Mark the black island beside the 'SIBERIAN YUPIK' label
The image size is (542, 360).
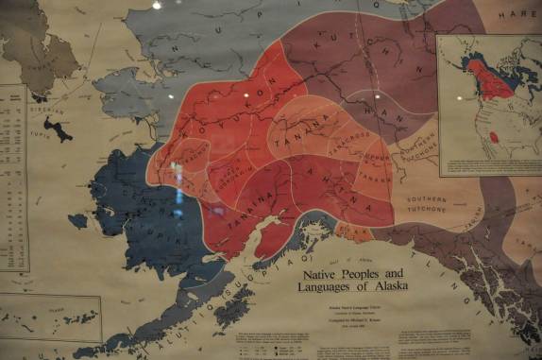[x=57, y=129]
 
